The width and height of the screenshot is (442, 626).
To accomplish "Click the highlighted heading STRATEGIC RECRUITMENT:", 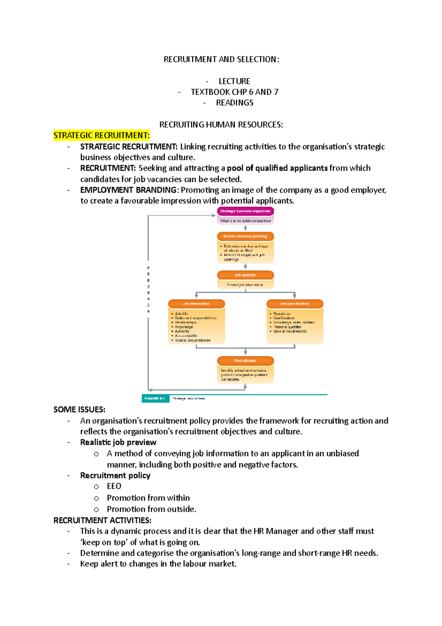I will coord(101,136).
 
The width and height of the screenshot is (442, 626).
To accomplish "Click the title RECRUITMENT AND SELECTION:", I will coord(221,59).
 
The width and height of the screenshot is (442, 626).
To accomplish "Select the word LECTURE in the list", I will coord(234,81).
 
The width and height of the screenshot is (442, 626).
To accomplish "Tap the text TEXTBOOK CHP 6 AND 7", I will coord(234,92).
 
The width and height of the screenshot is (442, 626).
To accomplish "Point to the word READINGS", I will coord(235,103).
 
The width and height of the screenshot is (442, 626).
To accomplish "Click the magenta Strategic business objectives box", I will coord(245,211).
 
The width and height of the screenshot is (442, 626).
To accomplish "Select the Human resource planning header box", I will coord(245,236).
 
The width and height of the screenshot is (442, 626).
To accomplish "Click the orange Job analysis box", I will coord(245,275).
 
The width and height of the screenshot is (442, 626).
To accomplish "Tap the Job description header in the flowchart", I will coord(196,304).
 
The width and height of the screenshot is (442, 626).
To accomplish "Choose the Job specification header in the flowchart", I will coord(295,304).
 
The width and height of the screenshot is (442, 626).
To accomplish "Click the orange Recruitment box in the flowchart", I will coord(245,361).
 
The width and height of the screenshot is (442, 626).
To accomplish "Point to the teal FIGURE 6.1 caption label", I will coord(155,399).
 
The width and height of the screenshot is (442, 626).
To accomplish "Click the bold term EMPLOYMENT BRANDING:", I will coord(130,190).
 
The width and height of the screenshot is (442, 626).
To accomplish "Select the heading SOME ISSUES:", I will coord(79,410).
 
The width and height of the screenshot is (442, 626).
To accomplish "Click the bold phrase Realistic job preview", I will coord(118,442).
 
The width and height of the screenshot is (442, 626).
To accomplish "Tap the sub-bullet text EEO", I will coord(114,486).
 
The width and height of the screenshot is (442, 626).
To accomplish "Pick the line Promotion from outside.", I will coord(151,509).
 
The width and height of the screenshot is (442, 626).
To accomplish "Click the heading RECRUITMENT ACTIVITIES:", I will coord(102,520).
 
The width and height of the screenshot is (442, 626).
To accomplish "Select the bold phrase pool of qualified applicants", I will coord(277,168).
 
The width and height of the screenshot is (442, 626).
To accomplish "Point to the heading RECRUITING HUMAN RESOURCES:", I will coord(221,125).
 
